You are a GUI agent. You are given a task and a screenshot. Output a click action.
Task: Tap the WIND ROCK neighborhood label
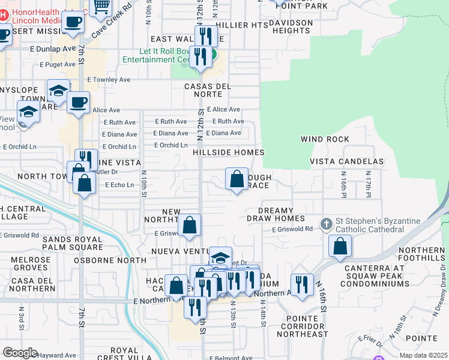coord(325,139)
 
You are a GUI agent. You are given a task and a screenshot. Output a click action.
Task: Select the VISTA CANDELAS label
coord(346,162)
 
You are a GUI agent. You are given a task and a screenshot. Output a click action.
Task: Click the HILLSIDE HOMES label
coord(229,152)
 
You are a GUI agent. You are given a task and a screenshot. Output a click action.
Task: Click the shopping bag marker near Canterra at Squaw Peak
coord(340,246)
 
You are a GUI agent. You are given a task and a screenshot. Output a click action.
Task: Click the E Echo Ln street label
coord(119,185)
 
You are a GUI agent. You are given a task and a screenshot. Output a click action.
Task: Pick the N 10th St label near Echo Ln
coord(144,184)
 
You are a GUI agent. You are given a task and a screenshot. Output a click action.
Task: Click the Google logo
coord(20,353)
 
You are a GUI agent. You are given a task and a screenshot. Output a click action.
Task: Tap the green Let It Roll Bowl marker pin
coord(214,61)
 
